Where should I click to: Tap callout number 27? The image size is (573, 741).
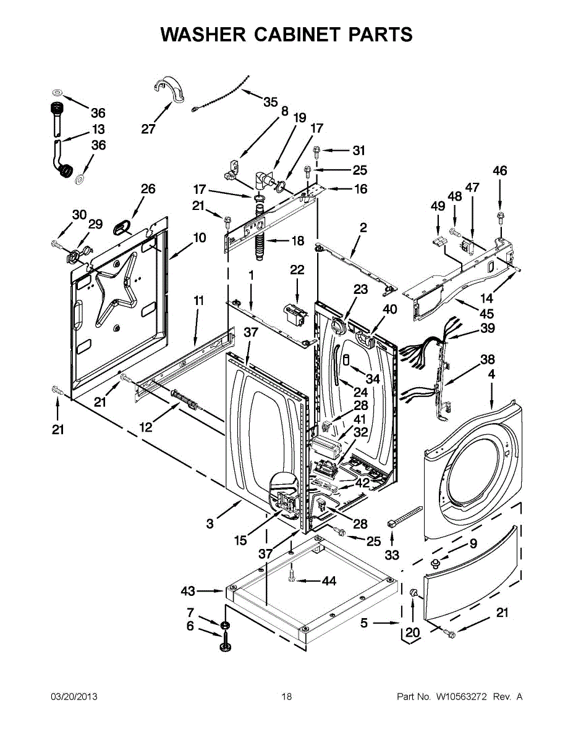click(148, 129)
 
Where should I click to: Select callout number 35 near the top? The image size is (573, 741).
click(271, 102)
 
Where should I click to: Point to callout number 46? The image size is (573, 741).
click(499, 170)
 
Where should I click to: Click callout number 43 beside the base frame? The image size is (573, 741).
click(188, 590)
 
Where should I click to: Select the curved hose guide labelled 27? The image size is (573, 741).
click(169, 89)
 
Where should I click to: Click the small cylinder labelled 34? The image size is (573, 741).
click(346, 360)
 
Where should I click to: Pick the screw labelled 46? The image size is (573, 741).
click(500, 217)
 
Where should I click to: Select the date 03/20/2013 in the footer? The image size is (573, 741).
click(74, 697)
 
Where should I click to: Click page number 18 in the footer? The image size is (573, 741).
click(287, 697)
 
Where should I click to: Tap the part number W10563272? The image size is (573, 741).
click(461, 697)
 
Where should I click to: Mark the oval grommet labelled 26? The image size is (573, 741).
click(122, 227)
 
